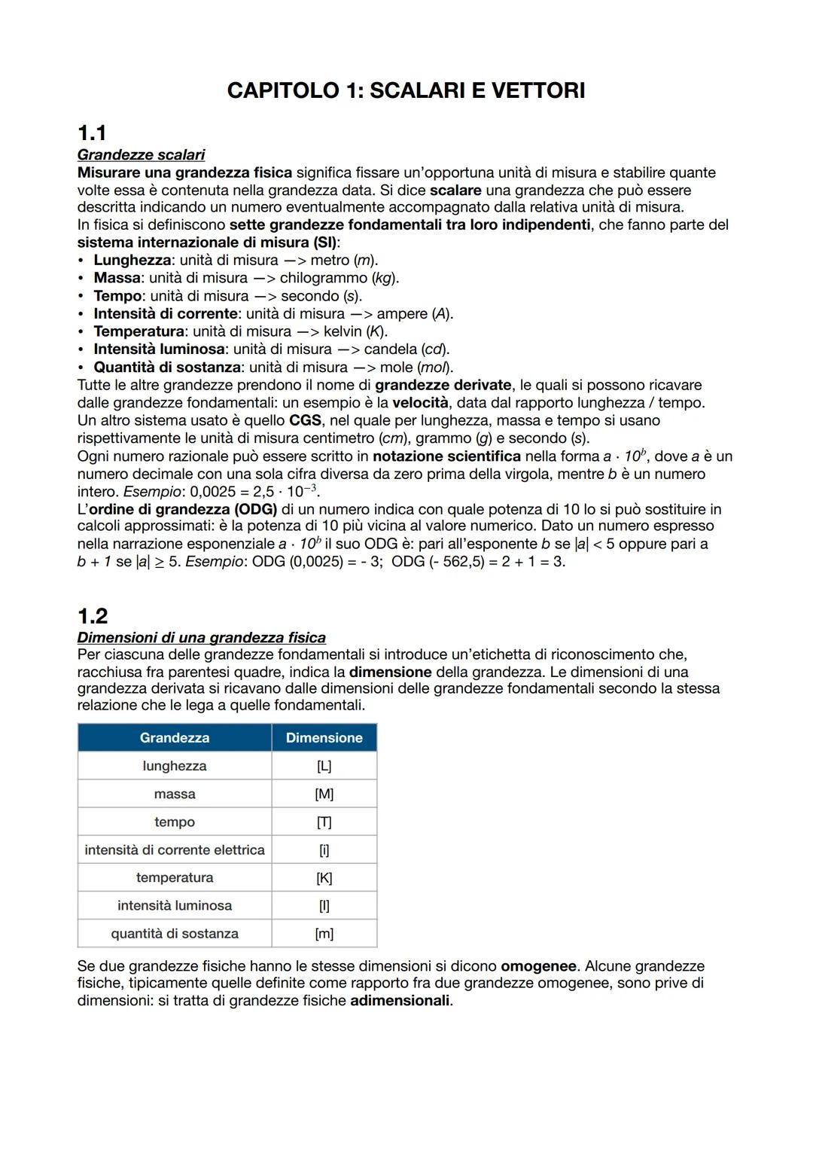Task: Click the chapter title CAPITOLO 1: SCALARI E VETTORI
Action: (x=406, y=91)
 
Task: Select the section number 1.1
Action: (x=92, y=133)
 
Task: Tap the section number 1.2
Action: (x=93, y=616)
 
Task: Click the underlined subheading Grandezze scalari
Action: (x=141, y=155)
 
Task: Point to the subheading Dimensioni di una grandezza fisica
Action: (x=201, y=638)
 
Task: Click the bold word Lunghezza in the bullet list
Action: (x=132, y=260)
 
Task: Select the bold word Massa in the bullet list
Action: (x=117, y=278)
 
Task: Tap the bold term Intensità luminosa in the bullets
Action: (x=159, y=349)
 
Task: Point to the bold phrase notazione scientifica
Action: (x=446, y=456)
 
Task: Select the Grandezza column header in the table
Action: (x=175, y=738)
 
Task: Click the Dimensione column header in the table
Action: (x=324, y=738)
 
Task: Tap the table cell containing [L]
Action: (x=324, y=766)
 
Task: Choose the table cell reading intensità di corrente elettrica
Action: (x=175, y=850)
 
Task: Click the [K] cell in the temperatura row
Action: (x=324, y=878)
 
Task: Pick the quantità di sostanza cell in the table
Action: (x=175, y=934)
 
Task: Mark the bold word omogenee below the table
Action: (x=539, y=966)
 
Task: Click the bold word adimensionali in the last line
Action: (x=400, y=1001)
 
